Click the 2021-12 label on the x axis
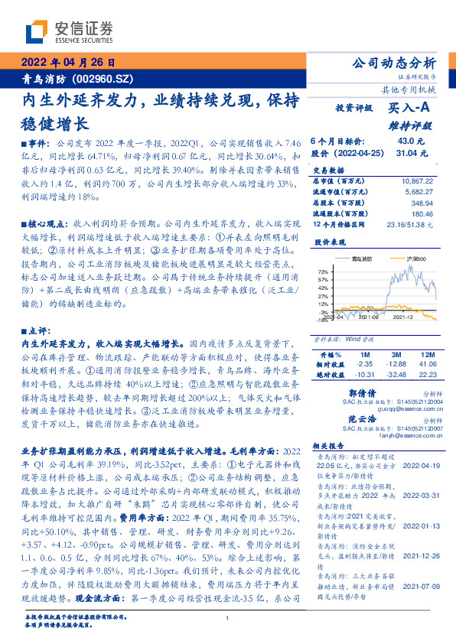tap(403, 315)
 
